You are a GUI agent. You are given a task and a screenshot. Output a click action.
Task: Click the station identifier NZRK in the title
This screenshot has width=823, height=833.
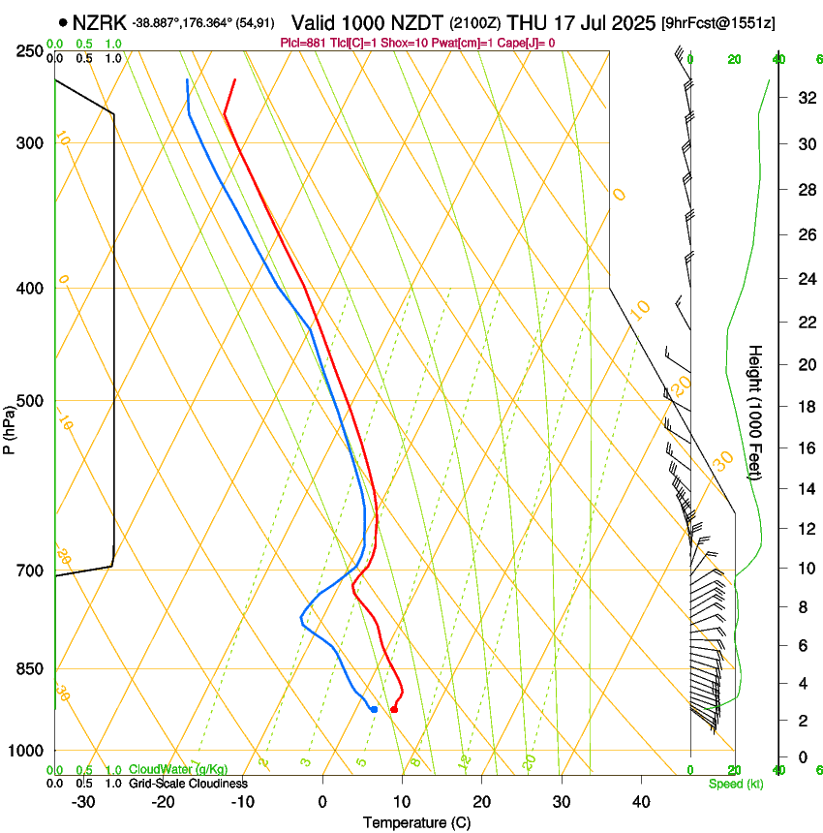(101, 22)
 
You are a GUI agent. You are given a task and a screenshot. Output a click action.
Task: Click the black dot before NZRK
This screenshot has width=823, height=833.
(64, 22)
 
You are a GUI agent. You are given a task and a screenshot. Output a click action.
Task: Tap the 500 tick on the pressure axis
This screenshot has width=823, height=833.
(28, 401)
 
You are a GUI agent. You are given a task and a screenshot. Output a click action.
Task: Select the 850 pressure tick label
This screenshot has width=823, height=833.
(28, 669)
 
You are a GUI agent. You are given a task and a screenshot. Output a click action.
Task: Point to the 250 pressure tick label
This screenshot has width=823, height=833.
(28, 51)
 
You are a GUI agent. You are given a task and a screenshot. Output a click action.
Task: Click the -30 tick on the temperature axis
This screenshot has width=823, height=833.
(83, 801)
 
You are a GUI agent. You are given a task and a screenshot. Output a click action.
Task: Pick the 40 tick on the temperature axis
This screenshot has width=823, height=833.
(640, 801)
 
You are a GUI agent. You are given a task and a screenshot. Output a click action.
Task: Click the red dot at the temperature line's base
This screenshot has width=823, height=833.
(393, 710)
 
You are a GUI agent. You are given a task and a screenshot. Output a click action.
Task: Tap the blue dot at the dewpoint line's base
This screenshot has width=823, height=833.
(374, 710)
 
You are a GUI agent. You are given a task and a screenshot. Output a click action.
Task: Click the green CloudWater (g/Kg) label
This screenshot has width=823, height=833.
(178, 769)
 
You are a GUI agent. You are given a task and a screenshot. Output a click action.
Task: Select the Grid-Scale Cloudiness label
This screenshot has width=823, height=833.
(188, 783)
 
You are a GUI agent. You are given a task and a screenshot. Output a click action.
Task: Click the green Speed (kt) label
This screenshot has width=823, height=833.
(735, 783)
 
